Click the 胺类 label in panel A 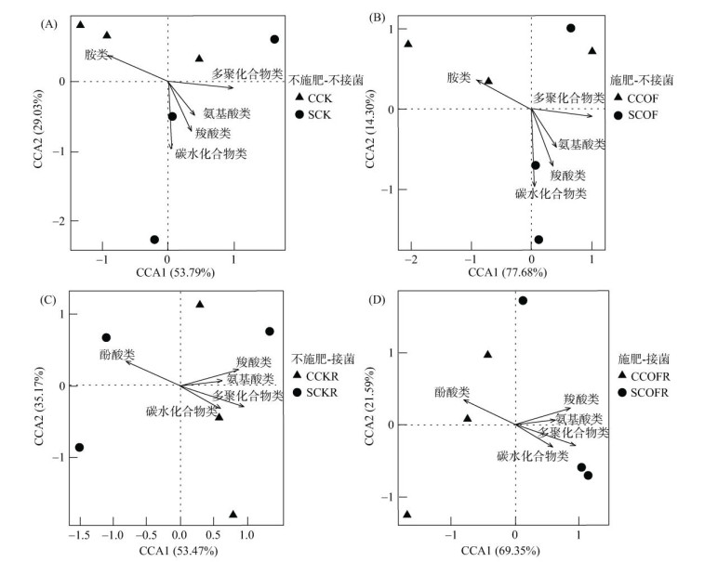click(97, 55)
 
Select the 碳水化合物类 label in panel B click(551, 193)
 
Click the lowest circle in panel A click(154, 240)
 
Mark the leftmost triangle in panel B click(407, 44)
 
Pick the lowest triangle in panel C click(233, 514)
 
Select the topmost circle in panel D click(523, 300)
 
